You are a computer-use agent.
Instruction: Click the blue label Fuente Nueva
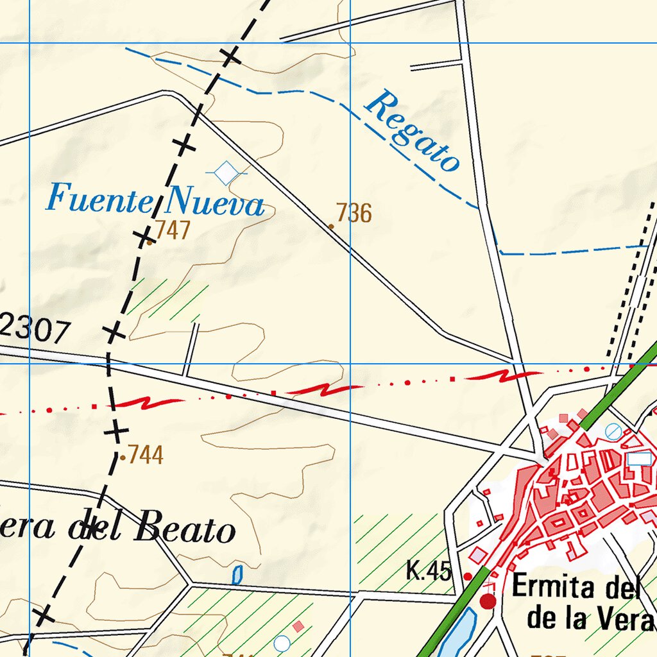click(155, 200)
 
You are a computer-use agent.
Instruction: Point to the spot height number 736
click(354, 213)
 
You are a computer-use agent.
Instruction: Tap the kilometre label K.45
click(429, 570)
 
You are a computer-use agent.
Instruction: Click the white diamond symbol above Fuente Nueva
click(226, 173)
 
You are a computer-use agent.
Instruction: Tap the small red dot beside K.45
click(468, 576)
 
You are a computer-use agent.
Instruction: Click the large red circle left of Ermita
click(488, 601)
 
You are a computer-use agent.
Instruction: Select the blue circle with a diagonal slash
click(613, 431)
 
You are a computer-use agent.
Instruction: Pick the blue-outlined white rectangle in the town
click(639, 459)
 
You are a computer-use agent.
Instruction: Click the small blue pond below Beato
click(237, 574)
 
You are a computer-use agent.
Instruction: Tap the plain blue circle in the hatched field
click(281, 643)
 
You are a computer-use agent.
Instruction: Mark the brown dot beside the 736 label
click(331, 226)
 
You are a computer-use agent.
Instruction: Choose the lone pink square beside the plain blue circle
click(298, 625)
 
